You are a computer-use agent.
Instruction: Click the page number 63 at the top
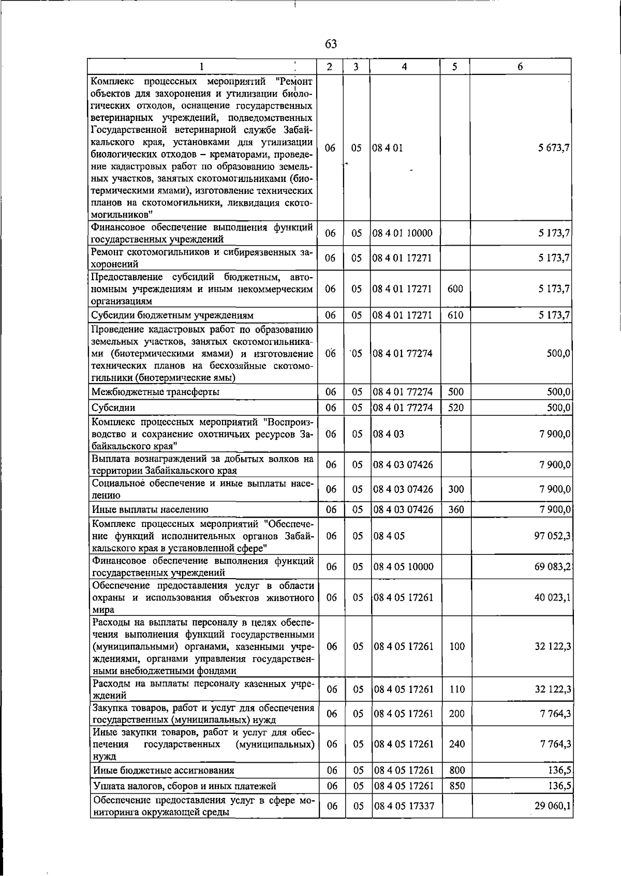pyautogui.click(x=331, y=44)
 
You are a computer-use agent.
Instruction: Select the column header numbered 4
pyautogui.click(x=404, y=67)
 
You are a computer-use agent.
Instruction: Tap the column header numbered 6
pyautogui.click(x=520, y=67)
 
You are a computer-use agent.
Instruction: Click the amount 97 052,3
pyautogui.click(x=552, y=536)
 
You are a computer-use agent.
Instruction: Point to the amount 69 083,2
pyautogui.click(x=552, y=567)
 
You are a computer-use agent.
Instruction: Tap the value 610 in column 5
pyautogui.click(x=455, y=315)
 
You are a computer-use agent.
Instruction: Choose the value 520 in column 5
pyautogui.click(x=456, y=407)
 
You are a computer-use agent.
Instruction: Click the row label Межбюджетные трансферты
pyautogui.click(x=155, y=392)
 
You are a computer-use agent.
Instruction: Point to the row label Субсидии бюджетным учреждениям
pyautogui.click(x=172, y=315)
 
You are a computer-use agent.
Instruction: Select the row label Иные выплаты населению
pyautogui.click(x=150, y=509)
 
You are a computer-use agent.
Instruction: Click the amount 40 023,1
pyautogui.click(x=552, y=597)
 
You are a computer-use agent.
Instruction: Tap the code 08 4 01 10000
pyautogui.click(x=403, y=233)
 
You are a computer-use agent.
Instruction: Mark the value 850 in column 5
pyautogui.click(x=457, y=786)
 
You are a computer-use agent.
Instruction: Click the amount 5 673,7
pyautogui.click(x=554, y=148)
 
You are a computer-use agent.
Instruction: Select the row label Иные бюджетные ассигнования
pyautogui.click(x=164, y=771)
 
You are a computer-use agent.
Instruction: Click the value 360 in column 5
pyautogui.click(x=456, y=509)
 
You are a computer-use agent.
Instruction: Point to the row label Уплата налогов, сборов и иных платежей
pyautogui.click(x=184, y=786)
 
